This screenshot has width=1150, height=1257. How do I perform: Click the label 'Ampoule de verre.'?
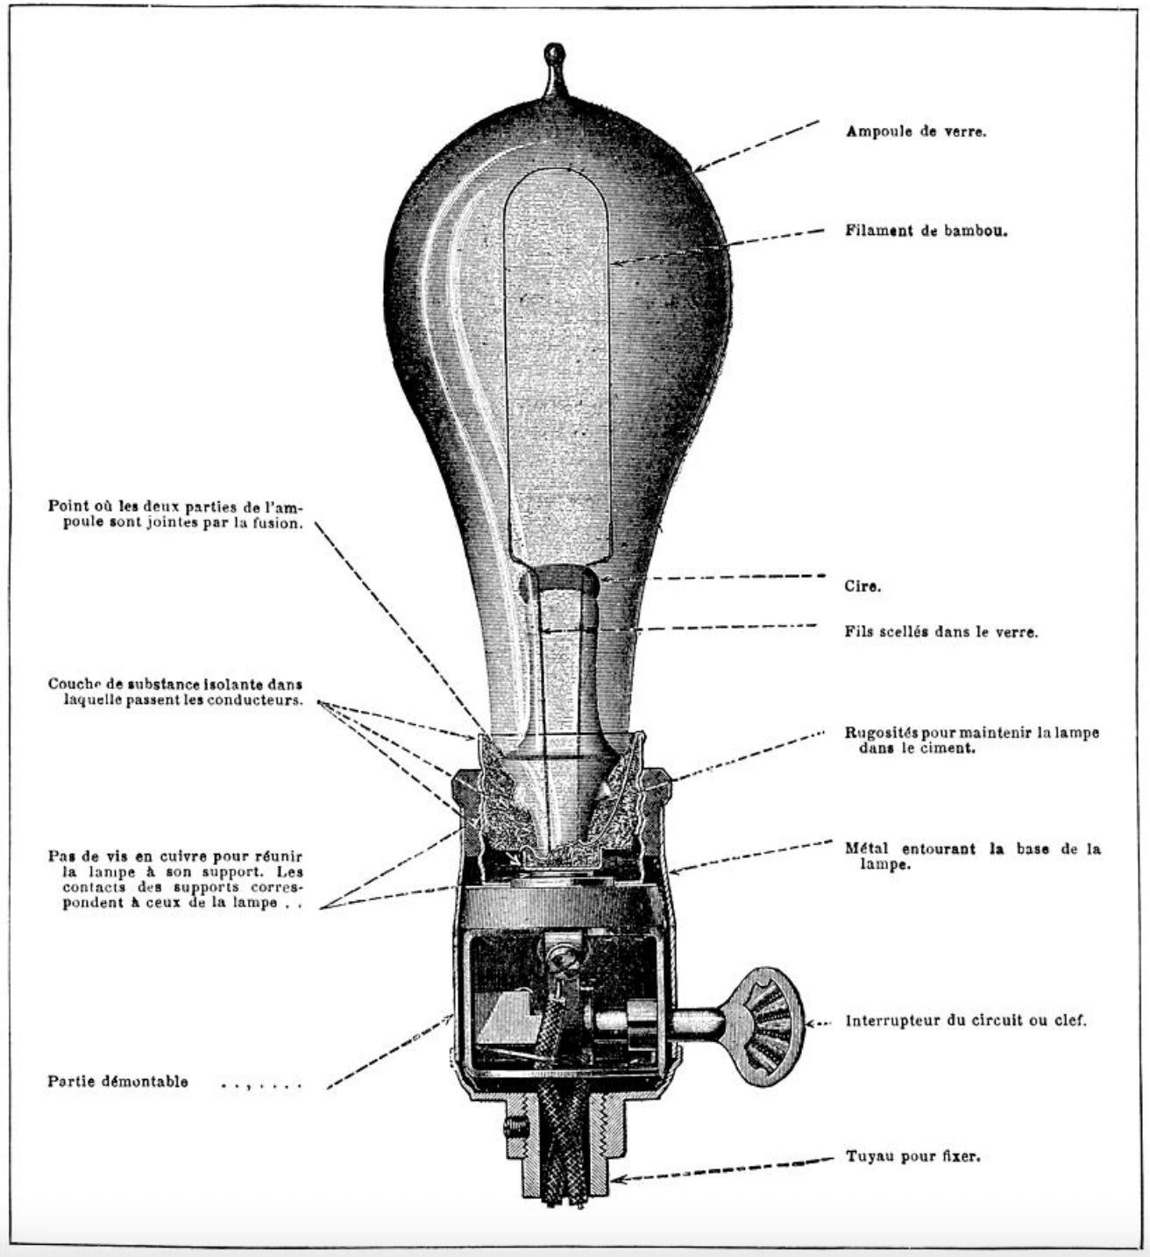point(916,131)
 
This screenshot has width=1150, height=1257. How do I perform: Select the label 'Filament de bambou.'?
point(926,232)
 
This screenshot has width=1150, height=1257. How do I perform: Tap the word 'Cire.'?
point(862,586)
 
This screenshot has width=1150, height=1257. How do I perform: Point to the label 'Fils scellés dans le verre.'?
point(941,632)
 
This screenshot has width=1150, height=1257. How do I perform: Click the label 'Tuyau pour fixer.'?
point(912,1156)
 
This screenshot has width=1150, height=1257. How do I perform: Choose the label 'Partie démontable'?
point(117,1081)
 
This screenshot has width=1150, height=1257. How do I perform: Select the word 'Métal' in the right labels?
point(866,849)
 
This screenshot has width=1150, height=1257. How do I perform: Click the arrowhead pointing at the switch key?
point(812,1022)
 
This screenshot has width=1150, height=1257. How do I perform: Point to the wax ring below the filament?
point(557,582)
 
